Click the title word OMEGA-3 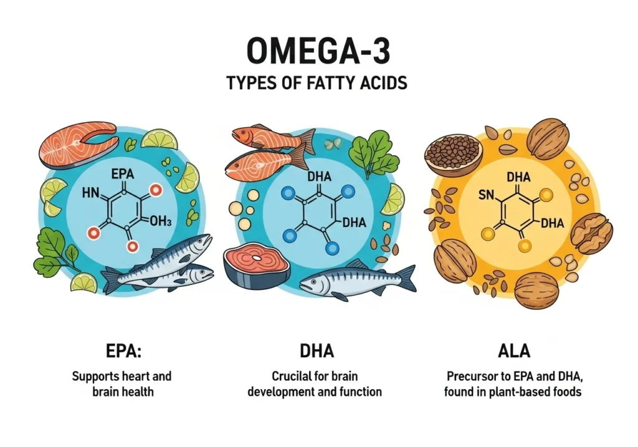[318, 50]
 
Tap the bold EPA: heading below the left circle [123, 351]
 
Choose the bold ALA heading [514, 351]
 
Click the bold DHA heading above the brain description [317, 351]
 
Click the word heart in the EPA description [136, 376]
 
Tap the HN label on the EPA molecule [90, 193]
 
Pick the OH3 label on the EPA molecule [161, 221]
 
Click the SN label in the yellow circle [486, 195]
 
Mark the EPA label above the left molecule [123, 175]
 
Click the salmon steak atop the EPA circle [79, 145]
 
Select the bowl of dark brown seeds [453, 156]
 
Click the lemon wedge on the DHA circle [393, 199]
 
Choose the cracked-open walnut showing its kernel [591, 234]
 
